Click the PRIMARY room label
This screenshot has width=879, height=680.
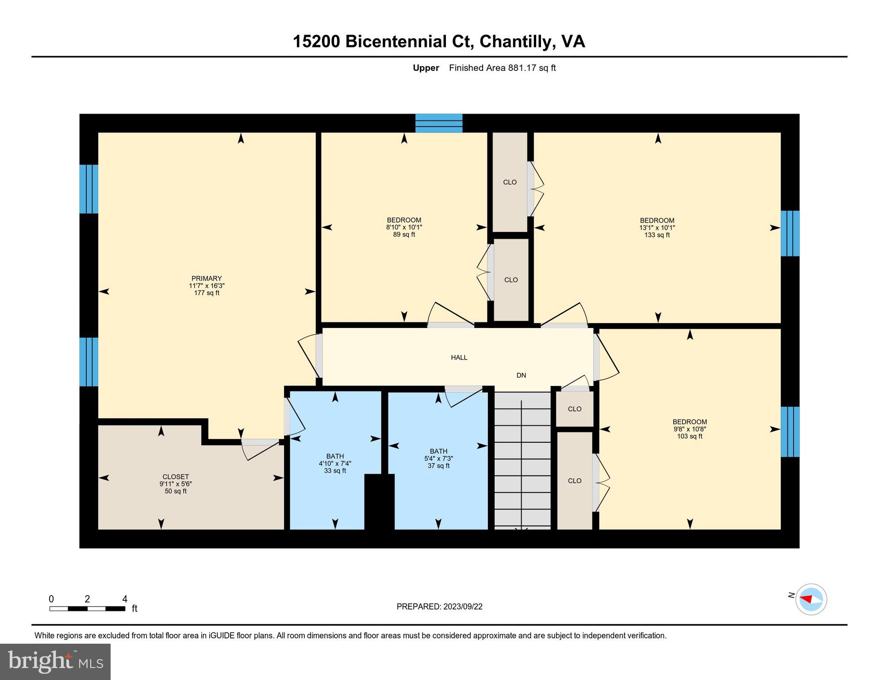point(206,278)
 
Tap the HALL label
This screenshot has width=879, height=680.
point(459,357)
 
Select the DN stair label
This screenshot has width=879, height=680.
point(521,375)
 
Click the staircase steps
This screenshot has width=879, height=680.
point(522,460)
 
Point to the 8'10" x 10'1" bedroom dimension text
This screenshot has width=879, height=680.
point(404,227)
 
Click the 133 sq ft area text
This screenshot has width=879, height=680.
point(656,235)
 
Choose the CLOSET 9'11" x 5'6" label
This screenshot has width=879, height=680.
point(176,483)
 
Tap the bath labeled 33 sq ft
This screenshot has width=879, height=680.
point(335,463)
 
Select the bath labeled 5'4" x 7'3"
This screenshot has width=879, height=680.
point(438,459)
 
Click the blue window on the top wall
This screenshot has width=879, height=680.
point(438,123)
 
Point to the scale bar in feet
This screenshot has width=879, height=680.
point(87,608)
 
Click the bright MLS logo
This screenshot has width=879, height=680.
point(55,661)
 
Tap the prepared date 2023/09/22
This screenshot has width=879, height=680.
point(439,607)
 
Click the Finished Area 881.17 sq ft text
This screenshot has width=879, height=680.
point(502,68)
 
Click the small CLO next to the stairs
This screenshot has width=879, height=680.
point(574,409)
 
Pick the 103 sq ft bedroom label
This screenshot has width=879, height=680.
point(689,436)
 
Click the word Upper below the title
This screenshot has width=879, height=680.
point(426,68)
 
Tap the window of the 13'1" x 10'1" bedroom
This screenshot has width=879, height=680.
point(790,233)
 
